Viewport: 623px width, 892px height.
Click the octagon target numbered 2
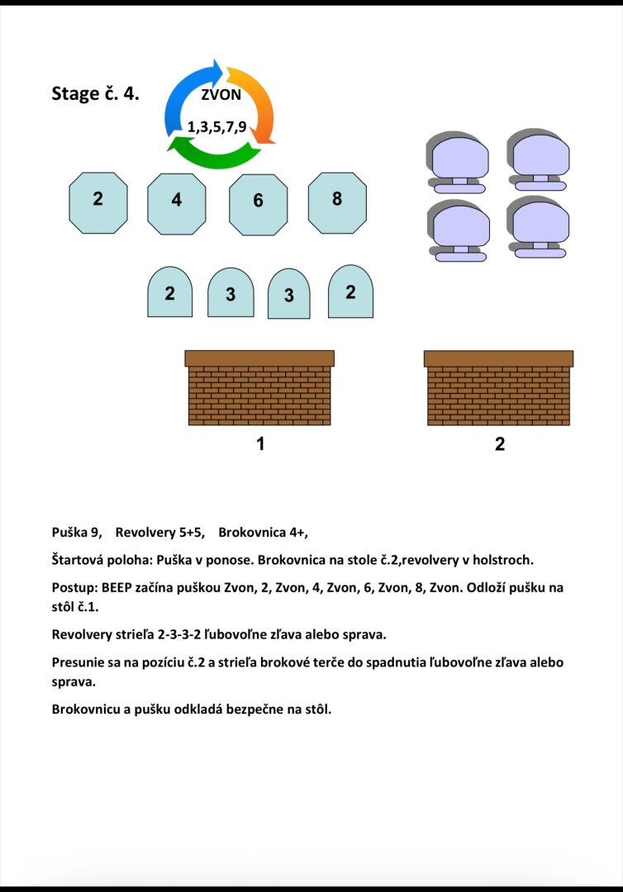[x=98, y=199]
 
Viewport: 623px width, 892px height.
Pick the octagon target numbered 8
[x=336, y=199]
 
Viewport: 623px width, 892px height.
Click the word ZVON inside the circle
[x=221, y=94]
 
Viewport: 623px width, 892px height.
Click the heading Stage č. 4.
[x=95, y=93]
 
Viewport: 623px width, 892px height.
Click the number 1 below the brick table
[x=260, y=444]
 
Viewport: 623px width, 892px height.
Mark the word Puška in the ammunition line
[x=70, y=533]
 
